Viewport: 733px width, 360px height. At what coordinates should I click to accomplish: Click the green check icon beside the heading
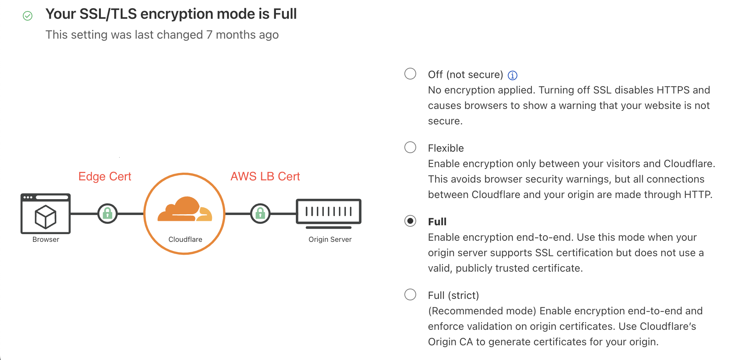28,16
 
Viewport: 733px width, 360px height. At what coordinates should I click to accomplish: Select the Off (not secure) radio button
410,74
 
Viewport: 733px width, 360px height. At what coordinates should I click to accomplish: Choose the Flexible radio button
410,147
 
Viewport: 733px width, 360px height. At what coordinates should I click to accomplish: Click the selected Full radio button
410,221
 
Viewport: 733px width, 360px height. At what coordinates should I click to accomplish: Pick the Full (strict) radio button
410,294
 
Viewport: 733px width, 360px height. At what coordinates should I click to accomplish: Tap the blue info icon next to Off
512,75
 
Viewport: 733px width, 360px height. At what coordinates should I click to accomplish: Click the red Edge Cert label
105,177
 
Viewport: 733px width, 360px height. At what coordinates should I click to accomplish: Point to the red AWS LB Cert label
265,177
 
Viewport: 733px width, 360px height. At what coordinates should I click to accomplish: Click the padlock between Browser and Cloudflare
107,213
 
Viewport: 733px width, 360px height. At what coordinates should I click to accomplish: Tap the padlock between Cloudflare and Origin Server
260,213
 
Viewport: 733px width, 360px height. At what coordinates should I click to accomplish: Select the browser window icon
46,213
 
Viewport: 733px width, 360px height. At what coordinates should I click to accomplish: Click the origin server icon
329,212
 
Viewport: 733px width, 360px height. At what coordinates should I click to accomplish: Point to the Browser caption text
46,240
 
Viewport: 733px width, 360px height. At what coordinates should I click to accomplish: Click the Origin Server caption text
330,240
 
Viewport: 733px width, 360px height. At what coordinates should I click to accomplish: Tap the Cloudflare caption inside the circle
185,240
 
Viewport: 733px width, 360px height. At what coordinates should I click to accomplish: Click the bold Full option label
437,222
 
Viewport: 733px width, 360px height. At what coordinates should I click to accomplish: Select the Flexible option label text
446,148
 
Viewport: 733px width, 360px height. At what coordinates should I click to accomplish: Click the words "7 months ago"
242,35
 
